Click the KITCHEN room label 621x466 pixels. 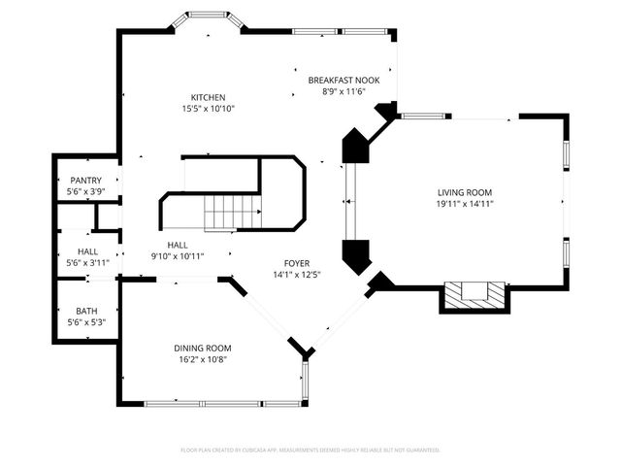click(x=208, y=97)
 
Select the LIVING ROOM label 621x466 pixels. click(x=465, y=192)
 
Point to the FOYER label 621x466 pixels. click(x=297, y=263)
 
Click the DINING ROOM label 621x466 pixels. click(x=203, y=348)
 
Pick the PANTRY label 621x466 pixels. click(x=86, y=181)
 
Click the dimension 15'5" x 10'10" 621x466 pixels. click(x=208, y=109)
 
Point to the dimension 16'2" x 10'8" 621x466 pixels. click(x=203, y=359)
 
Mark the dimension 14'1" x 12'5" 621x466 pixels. click(x=297, y=275)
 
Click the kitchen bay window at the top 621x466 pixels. click(x=207, y=22)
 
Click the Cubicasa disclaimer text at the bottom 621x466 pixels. click(x=310, y=450)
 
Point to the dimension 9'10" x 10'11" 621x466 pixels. click(x=178, y=256)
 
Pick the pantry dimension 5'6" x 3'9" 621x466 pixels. click(x=86, y=192)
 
